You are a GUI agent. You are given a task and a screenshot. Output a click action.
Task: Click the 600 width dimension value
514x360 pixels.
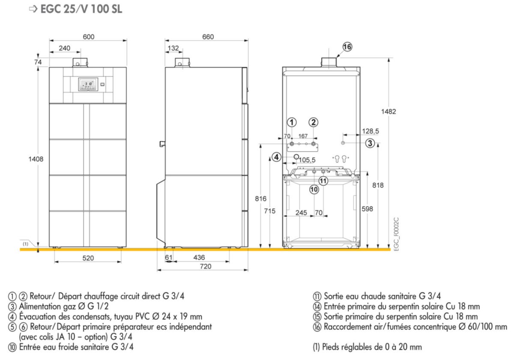(x=88, y=37)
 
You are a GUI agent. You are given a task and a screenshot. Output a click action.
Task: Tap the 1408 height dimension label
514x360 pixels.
(x=36, y=159)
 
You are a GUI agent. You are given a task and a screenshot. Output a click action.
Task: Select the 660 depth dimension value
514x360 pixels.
(x=208, y=37)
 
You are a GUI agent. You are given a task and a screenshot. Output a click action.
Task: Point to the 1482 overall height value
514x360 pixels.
(x=388, y=112)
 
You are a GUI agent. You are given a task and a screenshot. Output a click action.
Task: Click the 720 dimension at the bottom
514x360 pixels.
(x=205, y=266)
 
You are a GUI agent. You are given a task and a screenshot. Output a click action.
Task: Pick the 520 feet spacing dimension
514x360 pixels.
(x=88, y=258)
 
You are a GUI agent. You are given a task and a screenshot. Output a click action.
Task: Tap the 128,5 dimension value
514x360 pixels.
(x=371, y=131)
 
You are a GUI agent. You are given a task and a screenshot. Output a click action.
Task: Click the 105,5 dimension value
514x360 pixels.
(x=307, y=160)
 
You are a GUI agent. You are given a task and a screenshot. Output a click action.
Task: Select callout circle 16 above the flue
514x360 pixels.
(x=347, y=47)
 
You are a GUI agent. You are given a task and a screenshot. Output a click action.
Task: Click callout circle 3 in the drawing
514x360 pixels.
(x=370, y=143)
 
